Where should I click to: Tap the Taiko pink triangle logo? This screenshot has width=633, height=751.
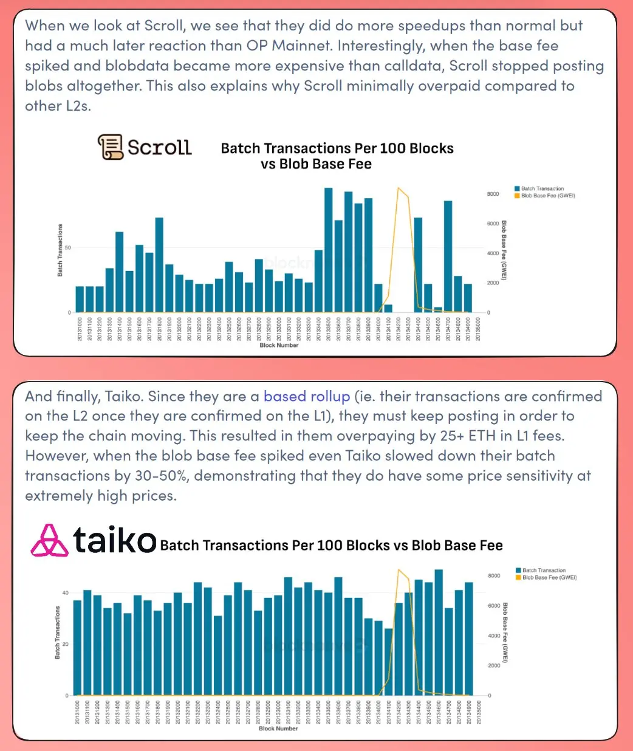(49, 541)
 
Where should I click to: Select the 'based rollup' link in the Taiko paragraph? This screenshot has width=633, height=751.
(306, 397)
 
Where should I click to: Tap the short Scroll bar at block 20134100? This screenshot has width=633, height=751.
(388, 309)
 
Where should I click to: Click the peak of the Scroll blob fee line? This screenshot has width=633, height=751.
(398, 188)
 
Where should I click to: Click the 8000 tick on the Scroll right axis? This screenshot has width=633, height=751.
(493, 194)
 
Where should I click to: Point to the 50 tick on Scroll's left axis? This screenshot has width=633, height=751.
(68, 248)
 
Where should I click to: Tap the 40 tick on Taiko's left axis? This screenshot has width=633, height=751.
(66, 593)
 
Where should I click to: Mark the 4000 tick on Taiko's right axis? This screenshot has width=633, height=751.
(494, 636)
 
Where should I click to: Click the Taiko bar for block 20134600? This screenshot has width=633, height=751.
(439, 633)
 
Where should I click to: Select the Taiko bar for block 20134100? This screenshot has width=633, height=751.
(388, 662)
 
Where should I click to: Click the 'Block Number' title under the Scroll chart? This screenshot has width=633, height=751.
(279, 346)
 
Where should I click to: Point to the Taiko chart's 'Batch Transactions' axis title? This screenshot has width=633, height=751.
(58, 633)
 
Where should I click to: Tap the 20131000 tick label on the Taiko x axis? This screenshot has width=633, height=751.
(77, 712)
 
